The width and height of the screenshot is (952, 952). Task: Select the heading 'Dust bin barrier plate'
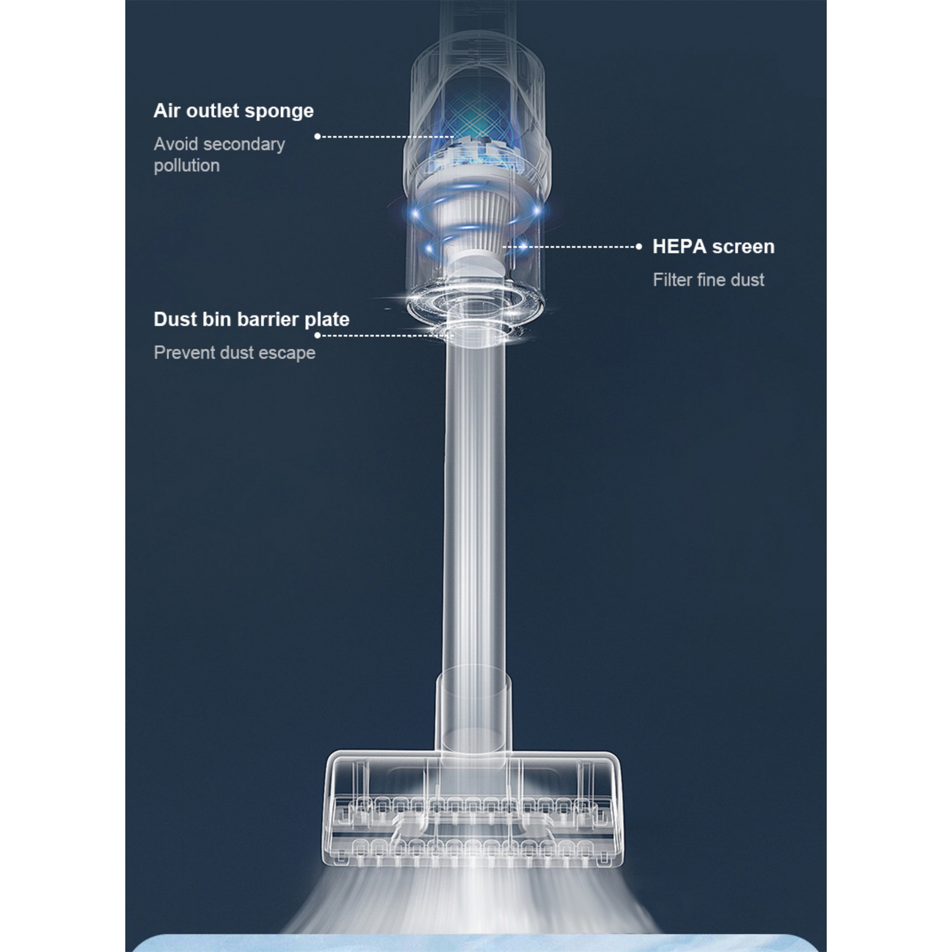pos(251,319)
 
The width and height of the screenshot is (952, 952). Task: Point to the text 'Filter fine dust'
pos(708,280)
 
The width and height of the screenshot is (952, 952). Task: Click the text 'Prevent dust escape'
pos(235,353)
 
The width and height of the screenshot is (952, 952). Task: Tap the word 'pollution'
pos(187,166)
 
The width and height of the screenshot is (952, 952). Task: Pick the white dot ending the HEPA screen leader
pos(639,247)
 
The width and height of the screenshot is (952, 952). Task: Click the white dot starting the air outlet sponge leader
pos(318,137)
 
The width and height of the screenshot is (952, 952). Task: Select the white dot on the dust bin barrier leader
pos(318,336)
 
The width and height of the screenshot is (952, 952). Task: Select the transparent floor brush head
pos(472,810)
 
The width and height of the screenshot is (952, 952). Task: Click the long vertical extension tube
pos(475,507)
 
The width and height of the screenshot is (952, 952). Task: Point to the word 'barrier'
pos(268,319)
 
